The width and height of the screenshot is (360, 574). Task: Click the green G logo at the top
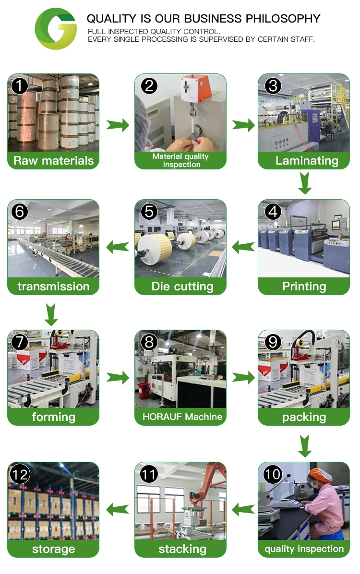[x=56, y=29]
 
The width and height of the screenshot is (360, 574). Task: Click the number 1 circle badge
[x=19, y=86]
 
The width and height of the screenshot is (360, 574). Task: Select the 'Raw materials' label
[x=53, y=160]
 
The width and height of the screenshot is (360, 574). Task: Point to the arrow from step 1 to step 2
[x=118, y=125]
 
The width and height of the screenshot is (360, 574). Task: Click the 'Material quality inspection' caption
[x=180, y=160]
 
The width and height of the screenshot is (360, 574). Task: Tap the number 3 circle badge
[x=273, y=86]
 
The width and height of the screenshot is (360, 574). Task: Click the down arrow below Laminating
[x=305, y=183]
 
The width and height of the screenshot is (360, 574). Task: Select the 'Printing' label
[x=304, y=287]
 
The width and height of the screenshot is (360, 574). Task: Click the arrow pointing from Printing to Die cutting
[x=243, y=247]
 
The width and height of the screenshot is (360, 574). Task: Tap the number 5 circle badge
[x=150, y=212]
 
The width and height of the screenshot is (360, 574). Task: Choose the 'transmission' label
[x=53, y=287]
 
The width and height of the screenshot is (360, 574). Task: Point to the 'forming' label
[x=53, y=417]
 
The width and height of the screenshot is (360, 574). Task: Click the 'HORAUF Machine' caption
[x=182, y=417]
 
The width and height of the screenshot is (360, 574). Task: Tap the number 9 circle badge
[x=273, y=342]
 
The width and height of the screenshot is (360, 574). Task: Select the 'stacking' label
[x=182, y=549]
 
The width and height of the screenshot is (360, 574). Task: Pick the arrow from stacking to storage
[x=118, y=509]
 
